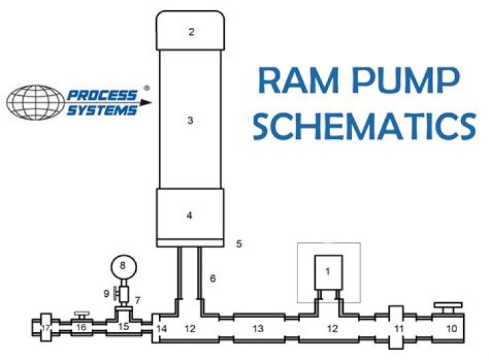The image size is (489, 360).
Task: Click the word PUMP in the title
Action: [408, 83]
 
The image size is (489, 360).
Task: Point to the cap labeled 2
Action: [191, 31]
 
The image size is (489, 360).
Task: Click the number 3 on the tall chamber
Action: [191, 121]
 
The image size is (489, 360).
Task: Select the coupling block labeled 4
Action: [191, 215]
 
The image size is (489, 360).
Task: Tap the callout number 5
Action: [238, 242]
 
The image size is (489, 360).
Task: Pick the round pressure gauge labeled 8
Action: [123, 266]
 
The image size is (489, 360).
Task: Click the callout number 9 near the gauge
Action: [107, 293]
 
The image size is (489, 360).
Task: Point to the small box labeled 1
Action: [328, 271]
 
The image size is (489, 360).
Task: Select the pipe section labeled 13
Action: [257, 329]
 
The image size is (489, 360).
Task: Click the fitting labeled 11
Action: [399, 328]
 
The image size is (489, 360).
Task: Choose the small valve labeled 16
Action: [81, 327]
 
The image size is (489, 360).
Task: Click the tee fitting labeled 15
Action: [123, 327]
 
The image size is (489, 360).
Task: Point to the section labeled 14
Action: [160, 328]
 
